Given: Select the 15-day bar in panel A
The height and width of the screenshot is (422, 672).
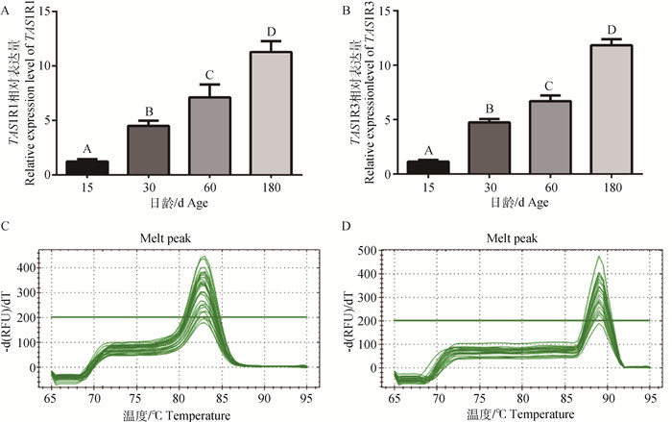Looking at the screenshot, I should tap(86, 167).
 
